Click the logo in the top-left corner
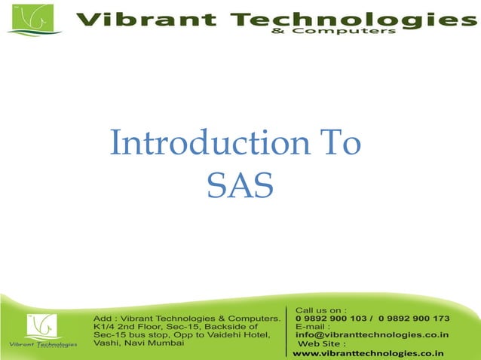tap(30, 20)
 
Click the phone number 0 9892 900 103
tap(331, 319)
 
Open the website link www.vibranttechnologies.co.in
tap(368, 352)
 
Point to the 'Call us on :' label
tap(320, 310)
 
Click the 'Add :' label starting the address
tap(104, 319)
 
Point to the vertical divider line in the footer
tap(287, 331)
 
